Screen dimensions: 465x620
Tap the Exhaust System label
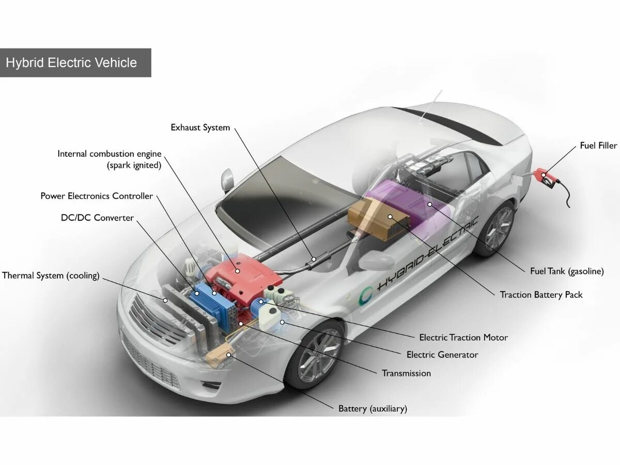200,127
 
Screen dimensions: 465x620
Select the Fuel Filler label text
598,145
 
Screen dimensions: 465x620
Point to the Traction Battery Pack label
540,295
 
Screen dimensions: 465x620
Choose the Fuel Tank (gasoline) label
566,271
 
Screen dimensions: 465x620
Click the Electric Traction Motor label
463,337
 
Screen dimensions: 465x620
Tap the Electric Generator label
442,354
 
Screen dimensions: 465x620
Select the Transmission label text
406,373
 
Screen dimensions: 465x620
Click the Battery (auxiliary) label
373,408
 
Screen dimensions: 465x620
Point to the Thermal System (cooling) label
51,275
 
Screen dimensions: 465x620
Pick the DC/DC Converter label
97,218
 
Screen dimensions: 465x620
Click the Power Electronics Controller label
97,196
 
